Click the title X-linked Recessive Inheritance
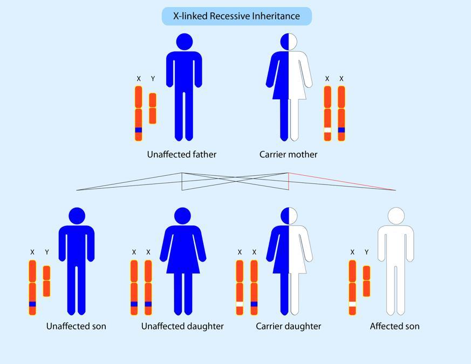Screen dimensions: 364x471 (236, 16)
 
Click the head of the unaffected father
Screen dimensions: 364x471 (184, 42)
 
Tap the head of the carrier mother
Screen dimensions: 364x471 (289, 42)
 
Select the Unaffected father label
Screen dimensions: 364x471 (182, 155)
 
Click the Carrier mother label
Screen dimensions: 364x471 (288, 155)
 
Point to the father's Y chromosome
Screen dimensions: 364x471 (153, 108)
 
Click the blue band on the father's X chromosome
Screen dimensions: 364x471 (139, 130)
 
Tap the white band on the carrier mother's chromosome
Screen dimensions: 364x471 (327, 130)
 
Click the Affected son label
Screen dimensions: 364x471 (394, 326)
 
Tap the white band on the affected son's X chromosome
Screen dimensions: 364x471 (352, 304)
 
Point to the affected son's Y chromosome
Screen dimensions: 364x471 (367, 280)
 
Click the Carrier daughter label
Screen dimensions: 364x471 (288, 326)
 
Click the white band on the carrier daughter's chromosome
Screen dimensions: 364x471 (240, 304)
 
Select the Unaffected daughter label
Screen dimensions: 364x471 (182, 326)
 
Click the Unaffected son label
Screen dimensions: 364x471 (76, 326)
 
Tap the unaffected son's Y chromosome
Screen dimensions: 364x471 (46, 280)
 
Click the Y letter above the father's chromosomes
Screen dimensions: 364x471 (153, 79)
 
